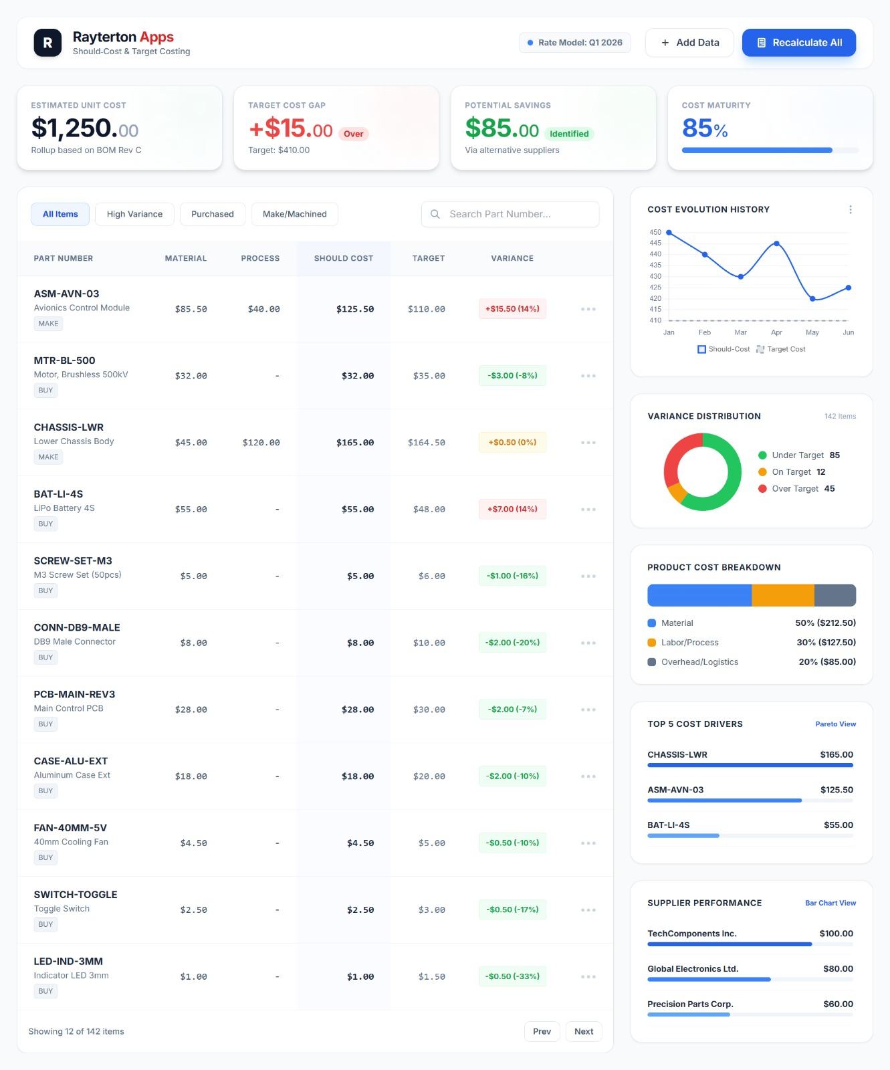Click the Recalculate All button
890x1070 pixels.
798,43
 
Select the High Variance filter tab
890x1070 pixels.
134,214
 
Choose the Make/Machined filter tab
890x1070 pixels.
294,214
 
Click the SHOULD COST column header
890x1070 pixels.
344,258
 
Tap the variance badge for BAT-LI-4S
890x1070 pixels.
512,509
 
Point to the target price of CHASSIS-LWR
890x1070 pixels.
426,443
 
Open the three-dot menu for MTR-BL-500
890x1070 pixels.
588,376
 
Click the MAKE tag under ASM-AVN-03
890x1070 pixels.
48,324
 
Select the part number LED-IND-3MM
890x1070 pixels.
68,961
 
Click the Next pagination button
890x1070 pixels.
583,1031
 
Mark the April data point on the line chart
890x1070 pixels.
776,244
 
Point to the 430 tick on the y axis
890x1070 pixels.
655,276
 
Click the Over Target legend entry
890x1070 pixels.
796,489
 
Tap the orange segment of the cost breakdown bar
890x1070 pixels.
782,595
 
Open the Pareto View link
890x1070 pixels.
835,724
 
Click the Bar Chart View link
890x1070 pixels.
830,903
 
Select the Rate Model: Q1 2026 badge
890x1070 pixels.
574,43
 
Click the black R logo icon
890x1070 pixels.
47,43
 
